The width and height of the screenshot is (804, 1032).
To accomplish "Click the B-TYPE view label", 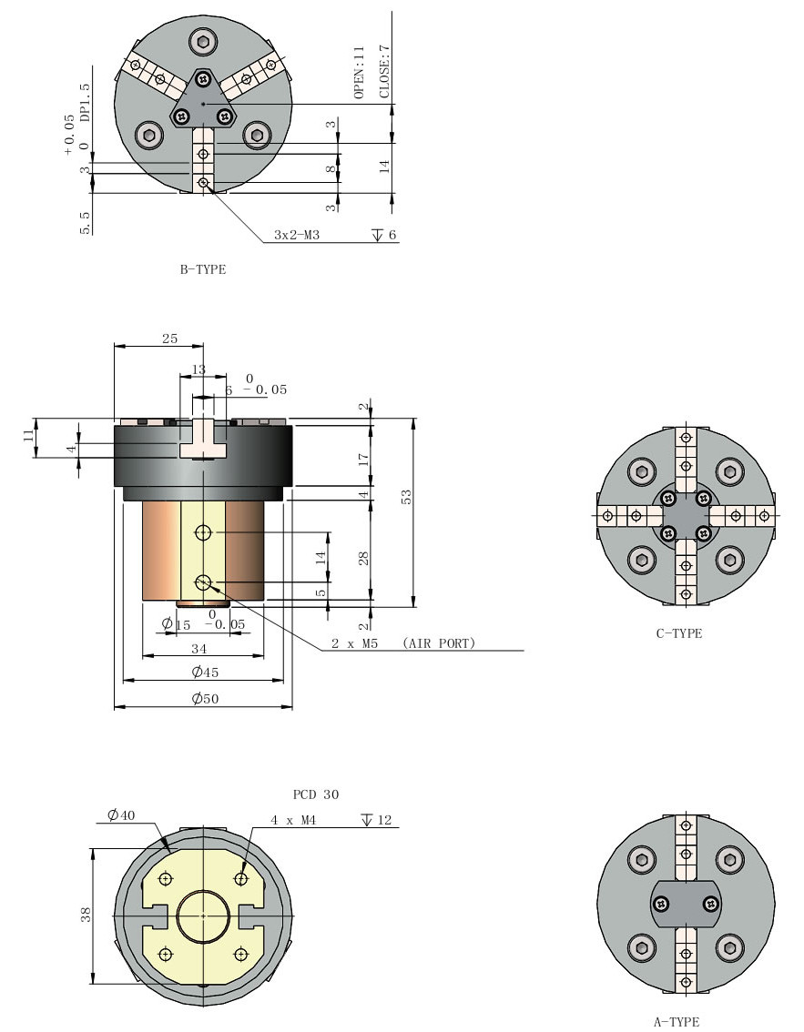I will tap(203, 270).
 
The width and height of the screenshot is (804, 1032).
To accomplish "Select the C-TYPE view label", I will tap(679, 633).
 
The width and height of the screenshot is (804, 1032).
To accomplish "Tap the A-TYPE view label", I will tap(677, 1022).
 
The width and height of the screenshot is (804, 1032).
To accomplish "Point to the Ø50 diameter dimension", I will tap(202, 699).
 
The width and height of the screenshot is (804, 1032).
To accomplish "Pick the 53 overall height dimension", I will tap(407, 496).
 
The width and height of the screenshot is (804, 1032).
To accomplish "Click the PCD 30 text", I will tap(316, 794).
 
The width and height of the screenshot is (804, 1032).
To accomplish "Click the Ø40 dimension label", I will tap(121, 815).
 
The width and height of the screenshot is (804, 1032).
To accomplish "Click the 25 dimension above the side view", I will tap(169, 339).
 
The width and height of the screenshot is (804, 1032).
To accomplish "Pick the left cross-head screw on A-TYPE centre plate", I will tap(661, 903).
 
